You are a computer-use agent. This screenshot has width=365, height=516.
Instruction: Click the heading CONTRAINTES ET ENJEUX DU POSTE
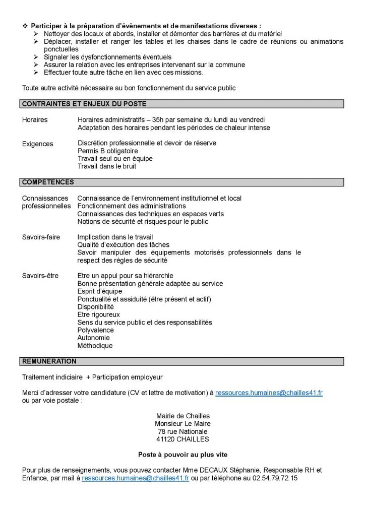coord(84,104)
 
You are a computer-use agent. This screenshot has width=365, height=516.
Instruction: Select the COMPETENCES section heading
coord(48,182)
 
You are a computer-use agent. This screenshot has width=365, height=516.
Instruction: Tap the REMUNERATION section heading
coord(49,361)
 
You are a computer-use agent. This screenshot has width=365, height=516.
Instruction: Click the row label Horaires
coord(35,120)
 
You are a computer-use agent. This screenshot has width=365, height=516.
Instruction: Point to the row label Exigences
coord(37,144)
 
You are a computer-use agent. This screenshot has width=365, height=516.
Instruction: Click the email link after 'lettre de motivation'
coord(269,393)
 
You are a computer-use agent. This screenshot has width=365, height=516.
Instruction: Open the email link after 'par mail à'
coord(135,478)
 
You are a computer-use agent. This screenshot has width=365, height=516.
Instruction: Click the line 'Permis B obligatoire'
coord(108,151)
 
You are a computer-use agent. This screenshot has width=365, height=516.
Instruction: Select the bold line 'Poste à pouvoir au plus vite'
coord(182,454)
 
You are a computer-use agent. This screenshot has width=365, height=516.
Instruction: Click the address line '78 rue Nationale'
coord(182,432)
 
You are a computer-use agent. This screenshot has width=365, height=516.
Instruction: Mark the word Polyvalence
coord(96,330)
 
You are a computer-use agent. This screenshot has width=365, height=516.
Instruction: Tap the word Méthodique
coord(95,346)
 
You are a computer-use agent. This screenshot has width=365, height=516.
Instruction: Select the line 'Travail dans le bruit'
coord(107,166)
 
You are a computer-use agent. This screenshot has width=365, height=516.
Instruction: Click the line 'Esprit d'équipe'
coord(100,291)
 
